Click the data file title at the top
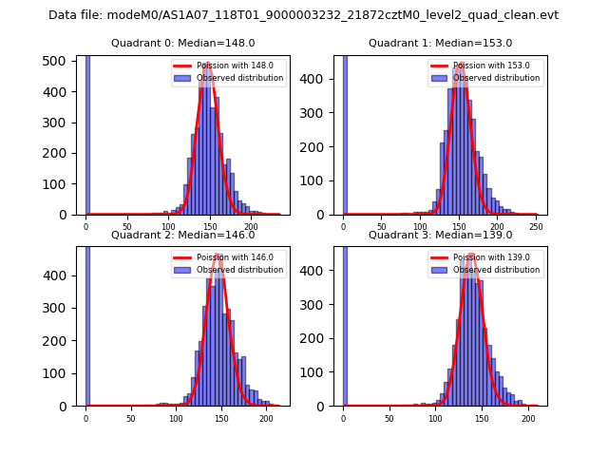click(x=303, y=15)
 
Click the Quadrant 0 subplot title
click(x=183, y=43)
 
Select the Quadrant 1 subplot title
click(x=441, y=43)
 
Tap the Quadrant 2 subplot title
click(x=183, y=235)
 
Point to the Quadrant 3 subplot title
click(x=441, y=235)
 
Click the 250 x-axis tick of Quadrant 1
click(x=537, y=226)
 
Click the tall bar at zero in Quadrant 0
click(x=87, y=133)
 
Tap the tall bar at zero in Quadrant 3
click(x=345, y=323)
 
